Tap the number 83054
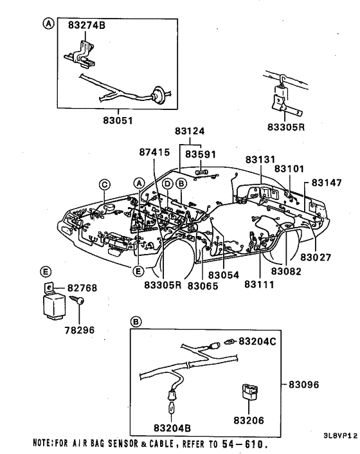click(222, 275)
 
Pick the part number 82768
click(82, 288)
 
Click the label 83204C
click(257, 341)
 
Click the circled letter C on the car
click(104, 184)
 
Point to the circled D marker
click(166, 184)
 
